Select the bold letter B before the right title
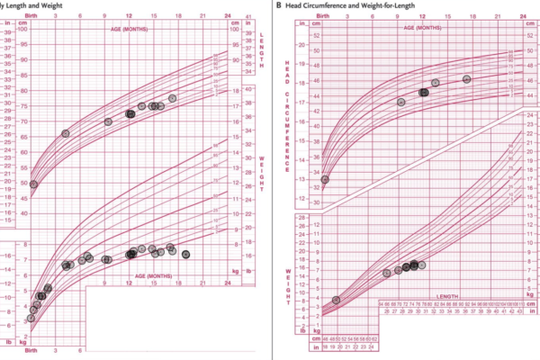[279, 5]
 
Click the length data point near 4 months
[66, 133]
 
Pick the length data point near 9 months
[108, 121]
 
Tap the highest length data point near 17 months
[173, 98]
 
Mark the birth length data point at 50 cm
[33, 184]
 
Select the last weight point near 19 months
[185, 255]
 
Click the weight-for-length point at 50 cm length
[337, 300]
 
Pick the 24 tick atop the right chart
[525, 16]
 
